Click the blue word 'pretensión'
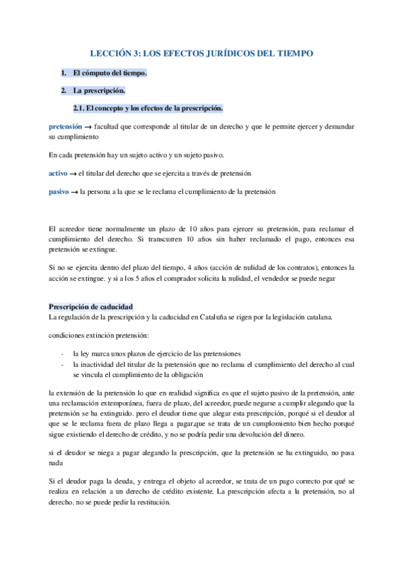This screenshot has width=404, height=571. point(65,126)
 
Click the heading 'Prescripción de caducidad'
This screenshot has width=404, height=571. point(90,288)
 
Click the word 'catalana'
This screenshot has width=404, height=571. point(312,298)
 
